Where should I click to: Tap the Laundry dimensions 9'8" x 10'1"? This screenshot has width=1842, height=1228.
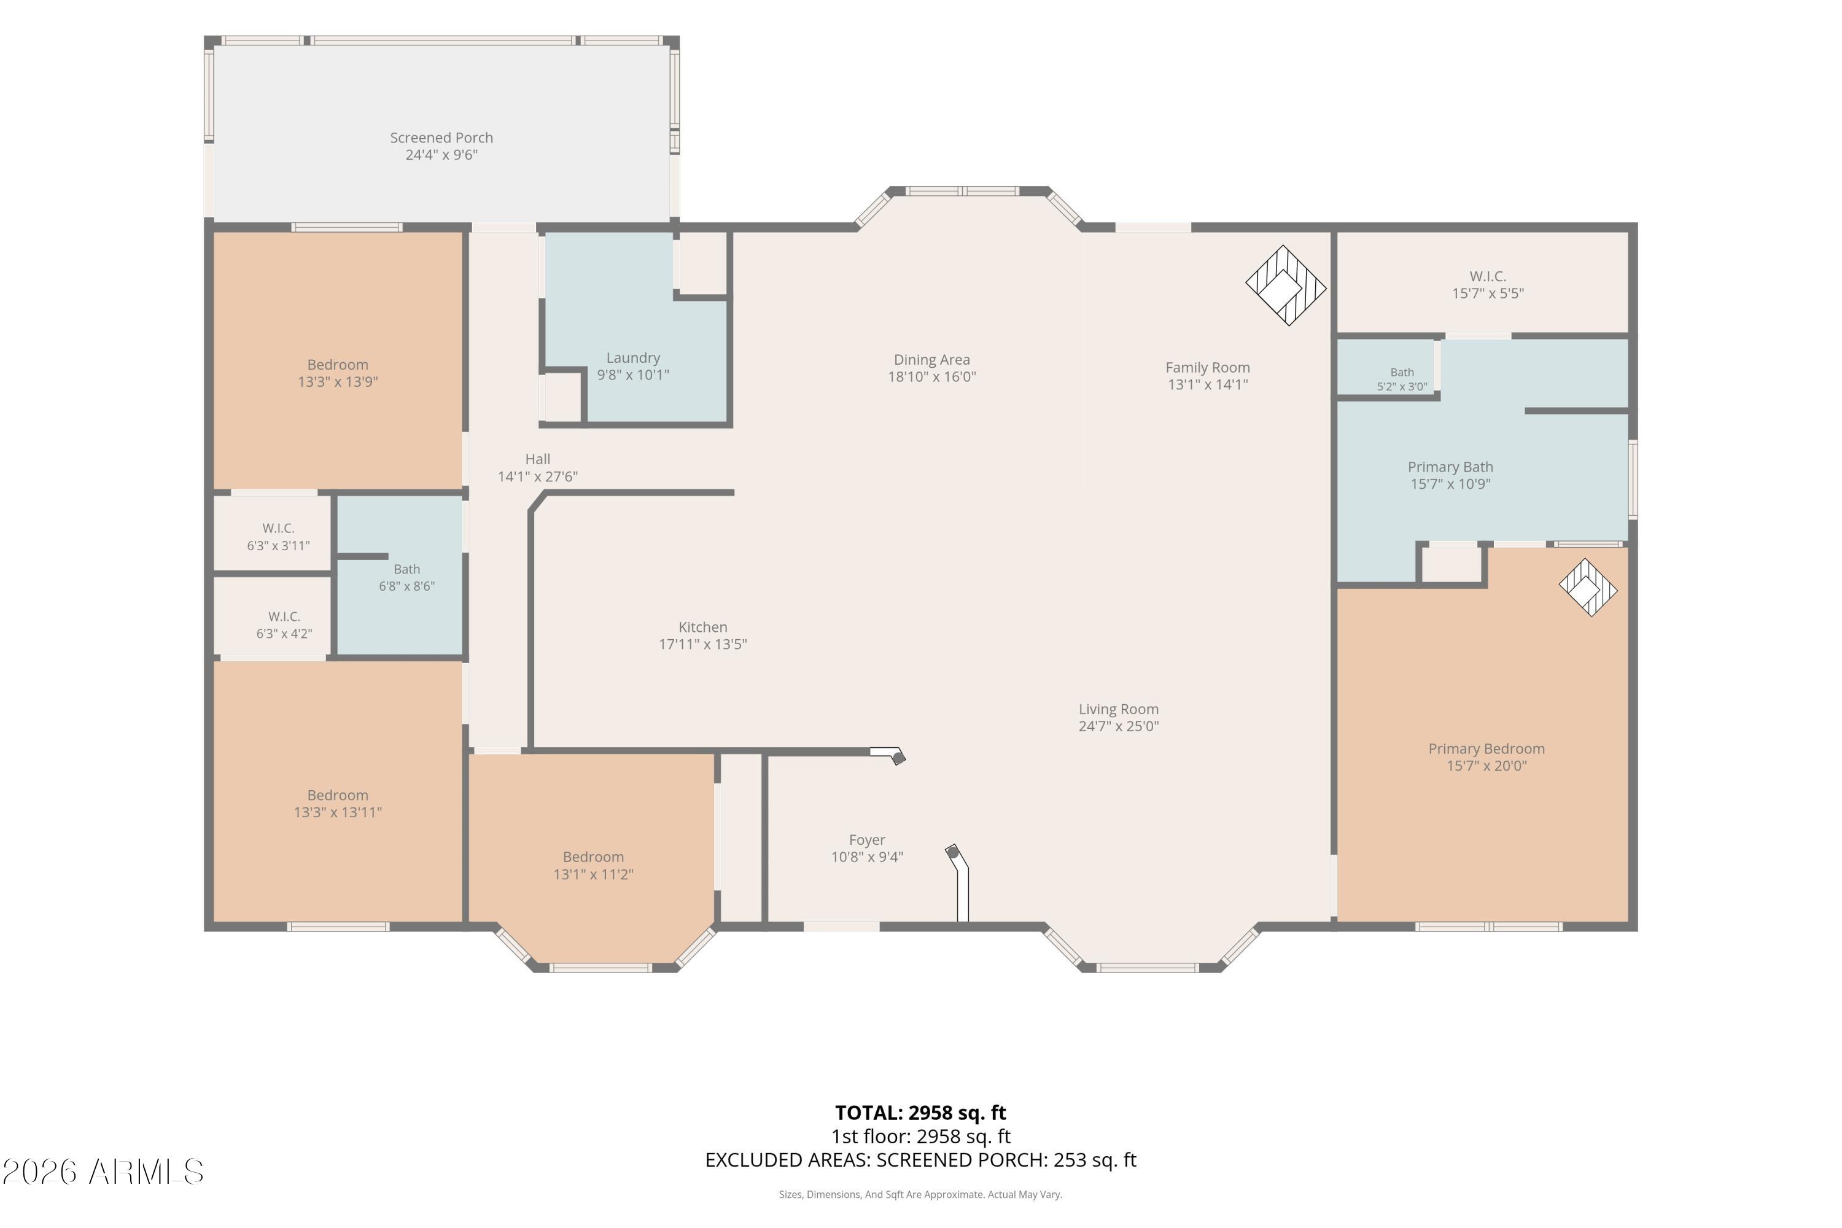point(633,375)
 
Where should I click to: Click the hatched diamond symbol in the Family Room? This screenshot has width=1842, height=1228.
point(1286,286)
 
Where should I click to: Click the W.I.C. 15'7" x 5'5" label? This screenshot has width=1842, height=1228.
point(1488,285)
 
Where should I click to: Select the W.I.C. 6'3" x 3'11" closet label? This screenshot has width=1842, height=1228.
point(279,537)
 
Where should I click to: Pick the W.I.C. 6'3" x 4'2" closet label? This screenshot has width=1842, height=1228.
point(284,626)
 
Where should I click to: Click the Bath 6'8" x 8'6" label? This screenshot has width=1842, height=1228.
point(407,578)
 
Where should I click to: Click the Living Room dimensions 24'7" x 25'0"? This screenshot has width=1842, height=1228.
point(1118,726)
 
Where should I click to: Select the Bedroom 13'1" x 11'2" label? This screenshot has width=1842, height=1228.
point(594,865)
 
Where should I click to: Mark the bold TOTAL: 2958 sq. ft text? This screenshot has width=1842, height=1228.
point(921,1113)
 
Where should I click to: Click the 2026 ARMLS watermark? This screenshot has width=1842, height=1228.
point(103,1172)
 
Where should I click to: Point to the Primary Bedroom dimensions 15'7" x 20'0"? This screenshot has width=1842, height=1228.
point(1486,766)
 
